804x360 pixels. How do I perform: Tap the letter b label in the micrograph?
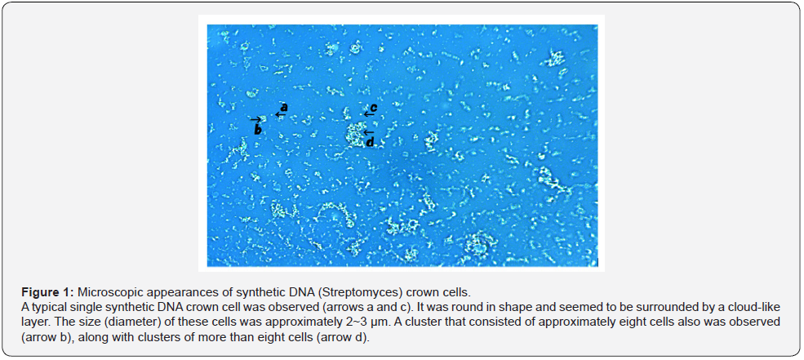coord(258,130)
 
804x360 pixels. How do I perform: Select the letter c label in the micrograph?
coord(374,107)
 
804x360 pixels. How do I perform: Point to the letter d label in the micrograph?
coord(370,141)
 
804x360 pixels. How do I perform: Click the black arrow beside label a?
coord(280,114)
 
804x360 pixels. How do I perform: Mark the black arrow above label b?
coord(255,119)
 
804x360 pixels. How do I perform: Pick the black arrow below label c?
coord(369,113)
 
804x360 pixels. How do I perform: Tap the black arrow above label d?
coord(368,132)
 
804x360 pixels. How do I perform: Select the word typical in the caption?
coord(42,308)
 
